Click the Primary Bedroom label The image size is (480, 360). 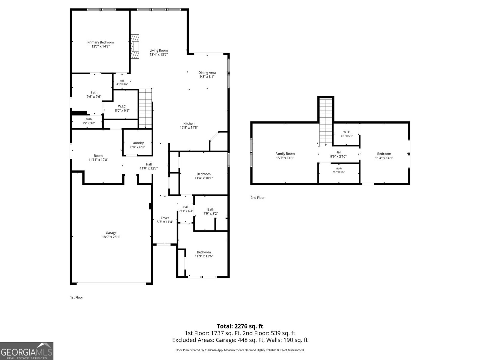pyautogui.click(x=100, y=42)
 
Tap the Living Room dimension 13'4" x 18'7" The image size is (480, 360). pyautogui.click(x=158, y=55)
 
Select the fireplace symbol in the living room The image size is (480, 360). pyautogui.click(x=135, y=46)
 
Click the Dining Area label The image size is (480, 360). pyautogui.click(x=207, y=73)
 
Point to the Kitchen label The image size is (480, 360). pyautogui.click(x=189, y=124)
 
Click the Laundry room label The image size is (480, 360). pyautogui.click(x=137, y=143)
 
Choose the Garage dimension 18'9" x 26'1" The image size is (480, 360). pyautogui.click(x=111, y=237)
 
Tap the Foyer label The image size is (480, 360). pyautogui.click(x=165, y=218)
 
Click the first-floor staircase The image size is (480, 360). pyautogui.click(x=145, y=108)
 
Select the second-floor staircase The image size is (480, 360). pyautogui.click(x=326, y=122)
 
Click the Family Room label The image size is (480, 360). pyautogui.click(x=285, y=154)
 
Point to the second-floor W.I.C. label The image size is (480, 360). pyautogui.click(x=346, y=132)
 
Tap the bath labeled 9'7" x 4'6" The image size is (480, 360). pyautogui.click(x=339, y=170)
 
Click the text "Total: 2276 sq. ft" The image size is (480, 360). pyautogui.click(x=240, y=326)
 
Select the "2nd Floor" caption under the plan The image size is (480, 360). pyautogui.click(x=257, y=198)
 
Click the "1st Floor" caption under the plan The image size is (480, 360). pyautogui.click(x=76, y=297)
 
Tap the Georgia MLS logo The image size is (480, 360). pyautogui.click(x=26, y=351)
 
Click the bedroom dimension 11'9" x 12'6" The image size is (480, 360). pyautogui.click(x=204, y=256)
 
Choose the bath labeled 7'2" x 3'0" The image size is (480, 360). pyautogui.click(x=89, y=121)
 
